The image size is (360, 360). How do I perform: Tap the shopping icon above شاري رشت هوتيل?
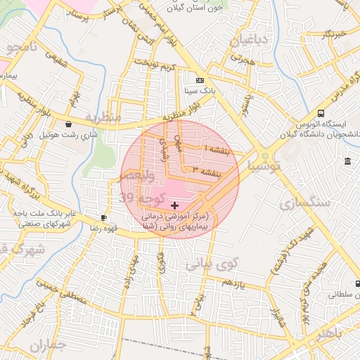[67, 124]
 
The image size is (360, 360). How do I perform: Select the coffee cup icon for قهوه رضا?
[104, 218]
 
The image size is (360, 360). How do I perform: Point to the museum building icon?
[348, 162]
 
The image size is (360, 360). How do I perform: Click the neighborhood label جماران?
[49, 345]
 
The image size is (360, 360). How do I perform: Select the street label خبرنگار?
[330, 34]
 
